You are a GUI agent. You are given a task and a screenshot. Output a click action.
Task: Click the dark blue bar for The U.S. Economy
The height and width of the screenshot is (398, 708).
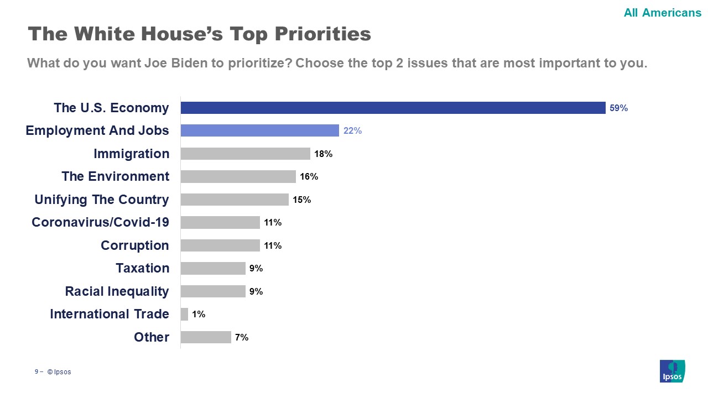click(393, 108)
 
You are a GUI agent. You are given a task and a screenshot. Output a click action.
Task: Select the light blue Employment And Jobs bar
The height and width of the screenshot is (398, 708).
click(259, 130)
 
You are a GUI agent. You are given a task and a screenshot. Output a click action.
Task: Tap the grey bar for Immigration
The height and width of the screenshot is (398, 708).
click(245, 154)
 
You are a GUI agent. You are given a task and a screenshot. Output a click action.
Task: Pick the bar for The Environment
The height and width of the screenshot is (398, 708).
click(238, 176)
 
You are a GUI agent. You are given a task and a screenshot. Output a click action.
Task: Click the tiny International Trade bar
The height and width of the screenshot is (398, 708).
click(184, 314)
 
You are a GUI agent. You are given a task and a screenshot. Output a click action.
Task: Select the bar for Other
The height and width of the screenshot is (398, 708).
click(206, 337)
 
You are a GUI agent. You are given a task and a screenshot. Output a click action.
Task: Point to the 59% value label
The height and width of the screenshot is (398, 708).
click(618, 108)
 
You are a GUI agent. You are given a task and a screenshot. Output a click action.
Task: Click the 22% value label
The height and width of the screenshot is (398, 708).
click(352, 131)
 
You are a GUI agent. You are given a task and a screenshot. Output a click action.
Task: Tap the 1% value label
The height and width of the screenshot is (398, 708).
click(199, 315)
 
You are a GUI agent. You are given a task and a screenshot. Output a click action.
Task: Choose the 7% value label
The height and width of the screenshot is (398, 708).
click(241, 337)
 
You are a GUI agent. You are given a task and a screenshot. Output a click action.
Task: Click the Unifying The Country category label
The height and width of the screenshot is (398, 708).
click(102, 200)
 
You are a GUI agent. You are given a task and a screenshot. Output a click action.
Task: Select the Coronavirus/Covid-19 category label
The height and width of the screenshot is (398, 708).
click(100, 222)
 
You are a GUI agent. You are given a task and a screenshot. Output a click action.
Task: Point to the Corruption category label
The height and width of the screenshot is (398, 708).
click(135, 245)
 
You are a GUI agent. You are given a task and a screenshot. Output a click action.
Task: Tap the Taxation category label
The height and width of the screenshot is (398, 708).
click(142, 268)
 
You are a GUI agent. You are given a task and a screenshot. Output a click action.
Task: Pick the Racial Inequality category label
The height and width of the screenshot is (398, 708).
click(117, 291)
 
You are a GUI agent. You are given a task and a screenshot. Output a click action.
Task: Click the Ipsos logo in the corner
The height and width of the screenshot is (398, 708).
click(672, 370)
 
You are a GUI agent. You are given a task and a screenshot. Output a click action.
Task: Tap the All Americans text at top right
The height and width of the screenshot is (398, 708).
click(662, 13)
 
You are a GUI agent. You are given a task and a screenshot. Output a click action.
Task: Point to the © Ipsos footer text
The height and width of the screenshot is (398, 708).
click(59, 372)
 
